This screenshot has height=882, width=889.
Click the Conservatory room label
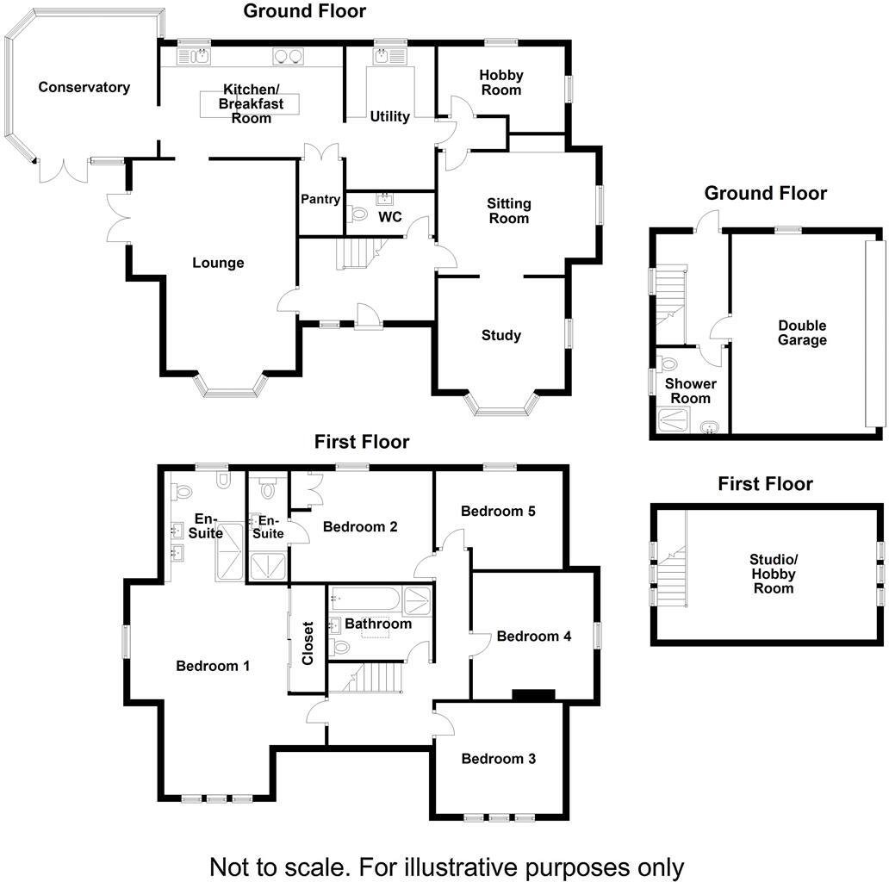(84, 87)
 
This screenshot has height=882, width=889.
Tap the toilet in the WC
(358, 214)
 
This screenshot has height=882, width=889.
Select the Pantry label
(320, 199)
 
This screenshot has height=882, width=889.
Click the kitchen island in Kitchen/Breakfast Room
(250, 103)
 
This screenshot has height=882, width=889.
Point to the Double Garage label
(802, 332)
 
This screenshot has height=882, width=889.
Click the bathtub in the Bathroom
(366, 599)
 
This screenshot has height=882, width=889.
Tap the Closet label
(308, 643)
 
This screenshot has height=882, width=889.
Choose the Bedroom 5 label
(498, 512)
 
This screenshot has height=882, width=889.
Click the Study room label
(501, 335)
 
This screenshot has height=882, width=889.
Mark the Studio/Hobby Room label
(774, 574)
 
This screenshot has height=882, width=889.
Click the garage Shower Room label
(691, 391)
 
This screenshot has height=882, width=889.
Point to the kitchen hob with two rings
(288, 56)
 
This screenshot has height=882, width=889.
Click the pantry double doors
(321, 152)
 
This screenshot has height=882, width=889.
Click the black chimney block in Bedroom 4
(533, 695)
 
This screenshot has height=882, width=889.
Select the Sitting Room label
(508, 211)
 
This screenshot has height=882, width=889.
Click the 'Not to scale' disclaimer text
(447, 867)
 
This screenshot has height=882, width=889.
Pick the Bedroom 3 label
(499, 759)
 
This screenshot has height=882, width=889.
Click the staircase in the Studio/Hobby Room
(672, 575)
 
